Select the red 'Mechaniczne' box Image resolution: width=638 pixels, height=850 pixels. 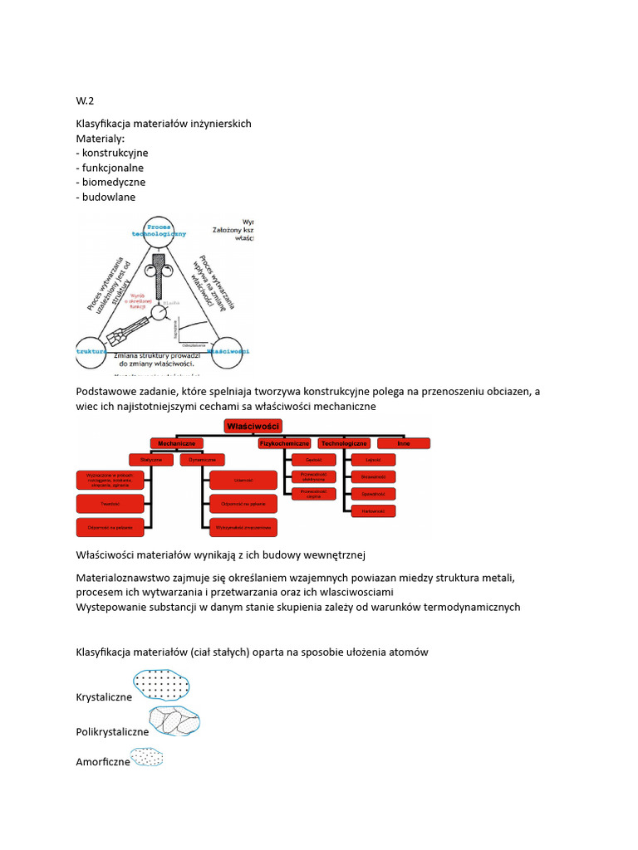click(176, 444)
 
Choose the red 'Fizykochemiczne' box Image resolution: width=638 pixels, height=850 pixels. click(285, 444)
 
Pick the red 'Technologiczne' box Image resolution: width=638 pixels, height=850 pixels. click(344, 444)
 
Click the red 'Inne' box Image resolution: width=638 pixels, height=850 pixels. click(405, 444)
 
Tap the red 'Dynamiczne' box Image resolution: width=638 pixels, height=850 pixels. click(202, 459)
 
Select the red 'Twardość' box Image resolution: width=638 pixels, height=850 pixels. click(110, 503)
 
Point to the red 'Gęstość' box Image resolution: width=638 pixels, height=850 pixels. click(313, 459)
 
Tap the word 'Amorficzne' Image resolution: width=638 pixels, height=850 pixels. click(103, 761)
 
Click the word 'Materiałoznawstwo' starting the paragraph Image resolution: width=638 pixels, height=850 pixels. click(123, 577)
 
